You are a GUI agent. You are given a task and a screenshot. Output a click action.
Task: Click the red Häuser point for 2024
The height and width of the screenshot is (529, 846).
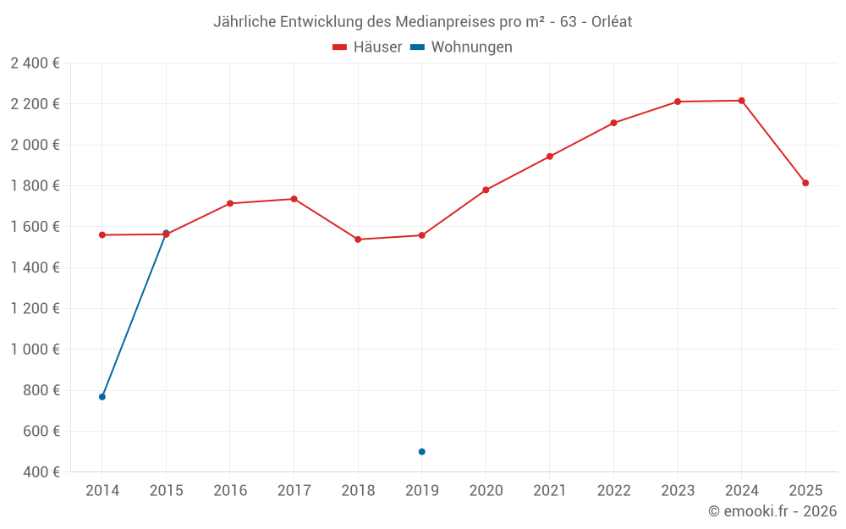pos(741,101)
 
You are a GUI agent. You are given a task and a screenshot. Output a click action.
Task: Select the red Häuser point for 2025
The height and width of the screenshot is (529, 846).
pos(805,183)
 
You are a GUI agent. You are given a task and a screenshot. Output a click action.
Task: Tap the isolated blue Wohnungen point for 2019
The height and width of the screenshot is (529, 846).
pos(421,452)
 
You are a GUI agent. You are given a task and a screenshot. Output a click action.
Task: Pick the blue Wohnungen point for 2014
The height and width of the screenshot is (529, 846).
pos(102,397)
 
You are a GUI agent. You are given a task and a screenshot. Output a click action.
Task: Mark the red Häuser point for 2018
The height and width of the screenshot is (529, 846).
pos(358,240)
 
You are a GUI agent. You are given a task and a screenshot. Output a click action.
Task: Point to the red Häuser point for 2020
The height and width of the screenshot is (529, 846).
pos(486,190)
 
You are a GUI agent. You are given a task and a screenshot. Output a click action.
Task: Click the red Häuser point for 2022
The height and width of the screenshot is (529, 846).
pos(613,123)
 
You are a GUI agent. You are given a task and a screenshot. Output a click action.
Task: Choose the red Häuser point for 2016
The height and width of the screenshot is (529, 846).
pos(230,203)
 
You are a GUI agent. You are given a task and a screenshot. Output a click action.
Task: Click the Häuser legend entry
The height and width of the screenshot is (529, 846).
pos(367,47)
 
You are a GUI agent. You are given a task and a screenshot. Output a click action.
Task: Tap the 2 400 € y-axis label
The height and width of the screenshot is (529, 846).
pos(35,63)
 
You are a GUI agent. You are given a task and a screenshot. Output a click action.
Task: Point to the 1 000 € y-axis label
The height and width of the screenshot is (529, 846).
pos(35,350)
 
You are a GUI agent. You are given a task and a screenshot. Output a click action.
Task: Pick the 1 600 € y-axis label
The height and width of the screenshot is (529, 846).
pos(35,227)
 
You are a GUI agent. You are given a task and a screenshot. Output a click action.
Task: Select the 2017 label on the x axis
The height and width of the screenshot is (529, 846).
pos(294,491)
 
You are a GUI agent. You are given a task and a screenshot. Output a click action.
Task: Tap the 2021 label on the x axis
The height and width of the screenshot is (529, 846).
pos(550,491)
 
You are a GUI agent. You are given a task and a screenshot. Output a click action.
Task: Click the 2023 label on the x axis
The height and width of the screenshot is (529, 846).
pos(678,491)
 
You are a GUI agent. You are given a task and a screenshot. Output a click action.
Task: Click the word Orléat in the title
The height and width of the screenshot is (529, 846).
pos(606,21)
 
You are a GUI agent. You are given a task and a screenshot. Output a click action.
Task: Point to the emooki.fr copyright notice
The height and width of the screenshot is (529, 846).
pos(772,511)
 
